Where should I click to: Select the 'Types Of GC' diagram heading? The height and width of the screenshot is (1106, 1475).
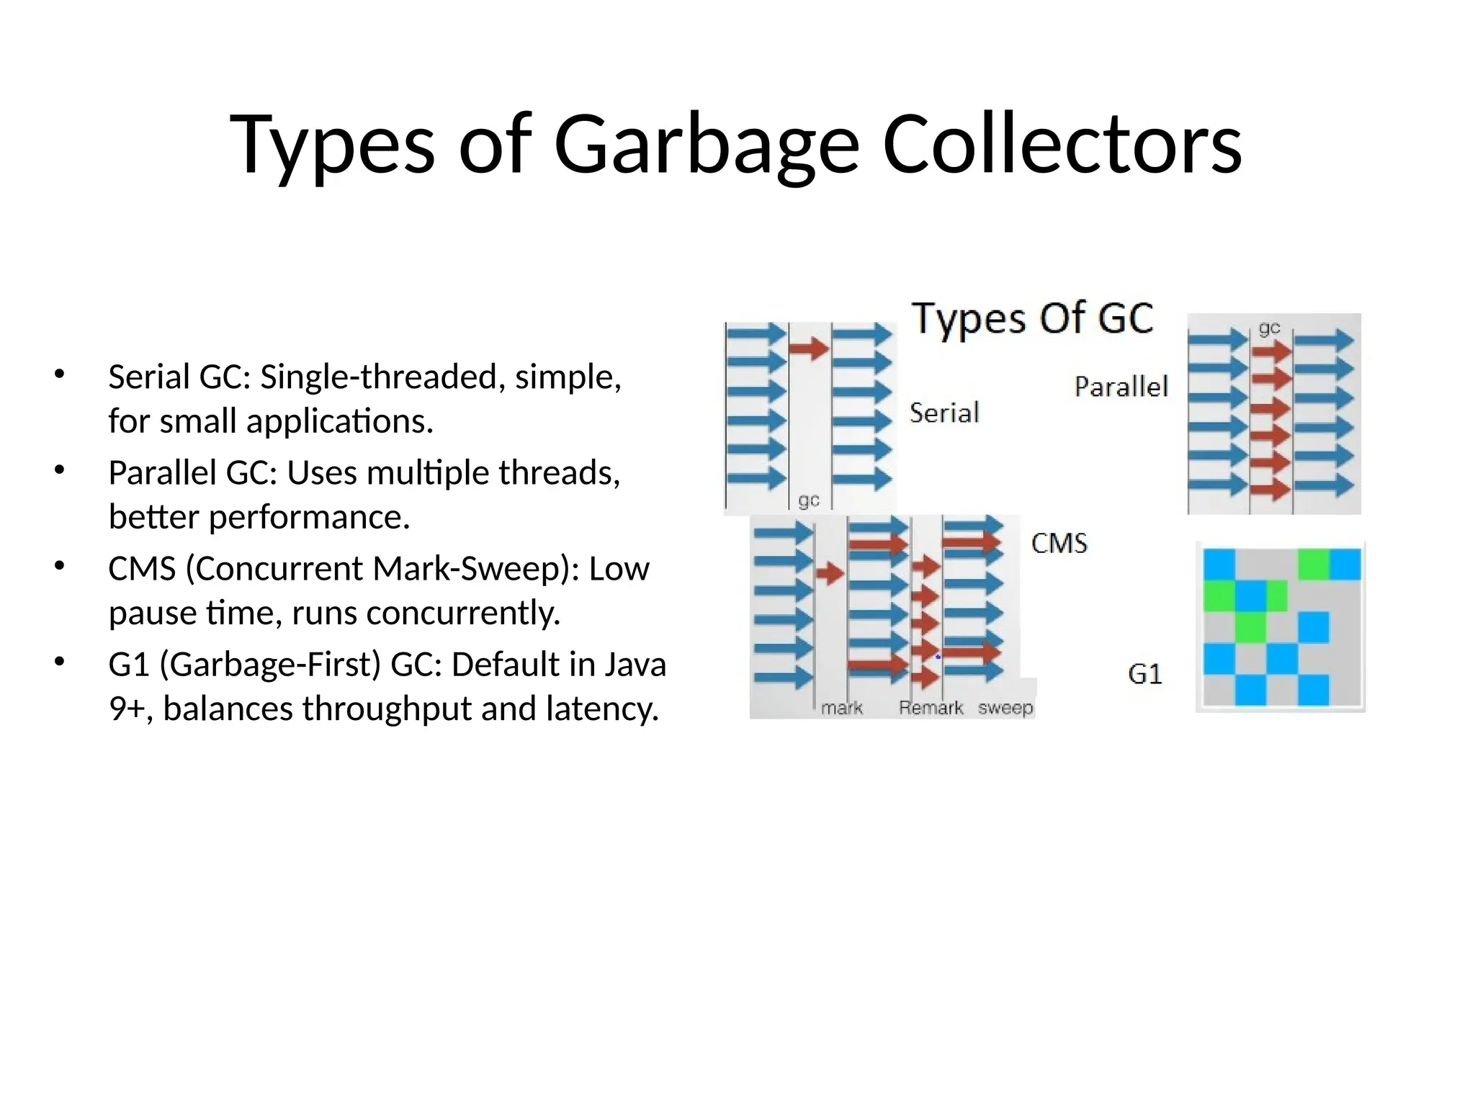point(1032,318)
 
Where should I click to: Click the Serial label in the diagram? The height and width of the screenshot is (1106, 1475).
point(944,413)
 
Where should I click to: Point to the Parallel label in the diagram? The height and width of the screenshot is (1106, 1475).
point(1121,387)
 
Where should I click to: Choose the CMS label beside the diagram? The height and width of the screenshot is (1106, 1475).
point(1059,543)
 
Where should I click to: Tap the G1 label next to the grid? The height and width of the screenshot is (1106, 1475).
point(1144,674)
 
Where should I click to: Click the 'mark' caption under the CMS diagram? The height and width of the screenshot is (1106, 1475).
point(841,708)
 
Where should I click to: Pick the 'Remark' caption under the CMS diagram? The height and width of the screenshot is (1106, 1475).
point(931,708)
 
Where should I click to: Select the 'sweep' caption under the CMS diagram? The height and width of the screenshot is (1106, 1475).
point(1005,708)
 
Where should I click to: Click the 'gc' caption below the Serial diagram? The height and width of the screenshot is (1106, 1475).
point(809,500)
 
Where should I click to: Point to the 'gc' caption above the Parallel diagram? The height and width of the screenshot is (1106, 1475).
point(1269,328)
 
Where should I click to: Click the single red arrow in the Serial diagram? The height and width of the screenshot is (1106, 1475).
point(809,349)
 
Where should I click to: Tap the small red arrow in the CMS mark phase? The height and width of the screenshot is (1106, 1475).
point(830,573)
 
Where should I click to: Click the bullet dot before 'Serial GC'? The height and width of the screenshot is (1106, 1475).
point(59,374)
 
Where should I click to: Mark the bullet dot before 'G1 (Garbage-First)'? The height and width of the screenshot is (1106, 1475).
point(59,661)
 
